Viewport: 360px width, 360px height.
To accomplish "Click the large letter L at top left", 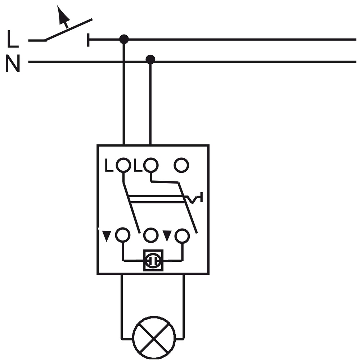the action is [x=13, y=39].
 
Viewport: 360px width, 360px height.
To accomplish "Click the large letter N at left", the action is [x=13, y=63].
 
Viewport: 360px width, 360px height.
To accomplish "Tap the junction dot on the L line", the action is [x=124, y=39].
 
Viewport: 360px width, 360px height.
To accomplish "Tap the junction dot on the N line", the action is [x=150, y=59].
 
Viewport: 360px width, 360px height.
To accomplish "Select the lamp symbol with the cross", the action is [x=154, y=338].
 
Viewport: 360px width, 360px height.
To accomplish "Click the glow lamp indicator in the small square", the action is [x=153, y=261].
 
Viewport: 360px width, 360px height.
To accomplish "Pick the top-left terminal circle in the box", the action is [x=123, y=165].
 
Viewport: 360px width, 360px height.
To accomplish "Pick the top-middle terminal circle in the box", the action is [x=151, y=165].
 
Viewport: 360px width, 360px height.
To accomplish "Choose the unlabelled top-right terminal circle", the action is [x=181, y=165].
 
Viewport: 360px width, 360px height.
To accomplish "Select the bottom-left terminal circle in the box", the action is [x=123, y=235].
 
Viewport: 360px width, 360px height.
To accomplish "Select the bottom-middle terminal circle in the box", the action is [x=151, y=235].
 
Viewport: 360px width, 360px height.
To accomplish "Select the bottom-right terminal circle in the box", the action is [x=182, y=236].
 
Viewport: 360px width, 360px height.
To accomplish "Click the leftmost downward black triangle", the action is [x=106, y=236].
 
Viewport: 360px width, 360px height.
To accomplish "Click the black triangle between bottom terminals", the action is [x=167, y=236].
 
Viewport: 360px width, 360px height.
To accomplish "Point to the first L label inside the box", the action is [x=109, y=165].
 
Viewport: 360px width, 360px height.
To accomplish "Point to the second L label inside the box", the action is [x=138, y=165].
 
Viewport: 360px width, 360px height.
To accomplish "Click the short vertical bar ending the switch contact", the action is [x=88, y=40].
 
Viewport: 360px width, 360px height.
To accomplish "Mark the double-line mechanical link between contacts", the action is [x=157, y=199].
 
